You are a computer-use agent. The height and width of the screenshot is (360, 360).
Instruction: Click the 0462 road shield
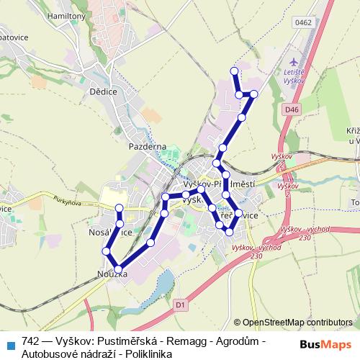coord(303,23)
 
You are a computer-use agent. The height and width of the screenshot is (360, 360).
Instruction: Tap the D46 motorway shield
coord(290,109)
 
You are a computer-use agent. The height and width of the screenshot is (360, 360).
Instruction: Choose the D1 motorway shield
coord(180,305)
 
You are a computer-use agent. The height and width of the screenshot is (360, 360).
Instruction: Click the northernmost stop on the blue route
coord(233,71)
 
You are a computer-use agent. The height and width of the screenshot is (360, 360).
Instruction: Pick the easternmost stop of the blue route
coord(254,94)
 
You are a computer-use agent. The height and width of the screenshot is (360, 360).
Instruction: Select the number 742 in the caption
coord(31,341)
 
